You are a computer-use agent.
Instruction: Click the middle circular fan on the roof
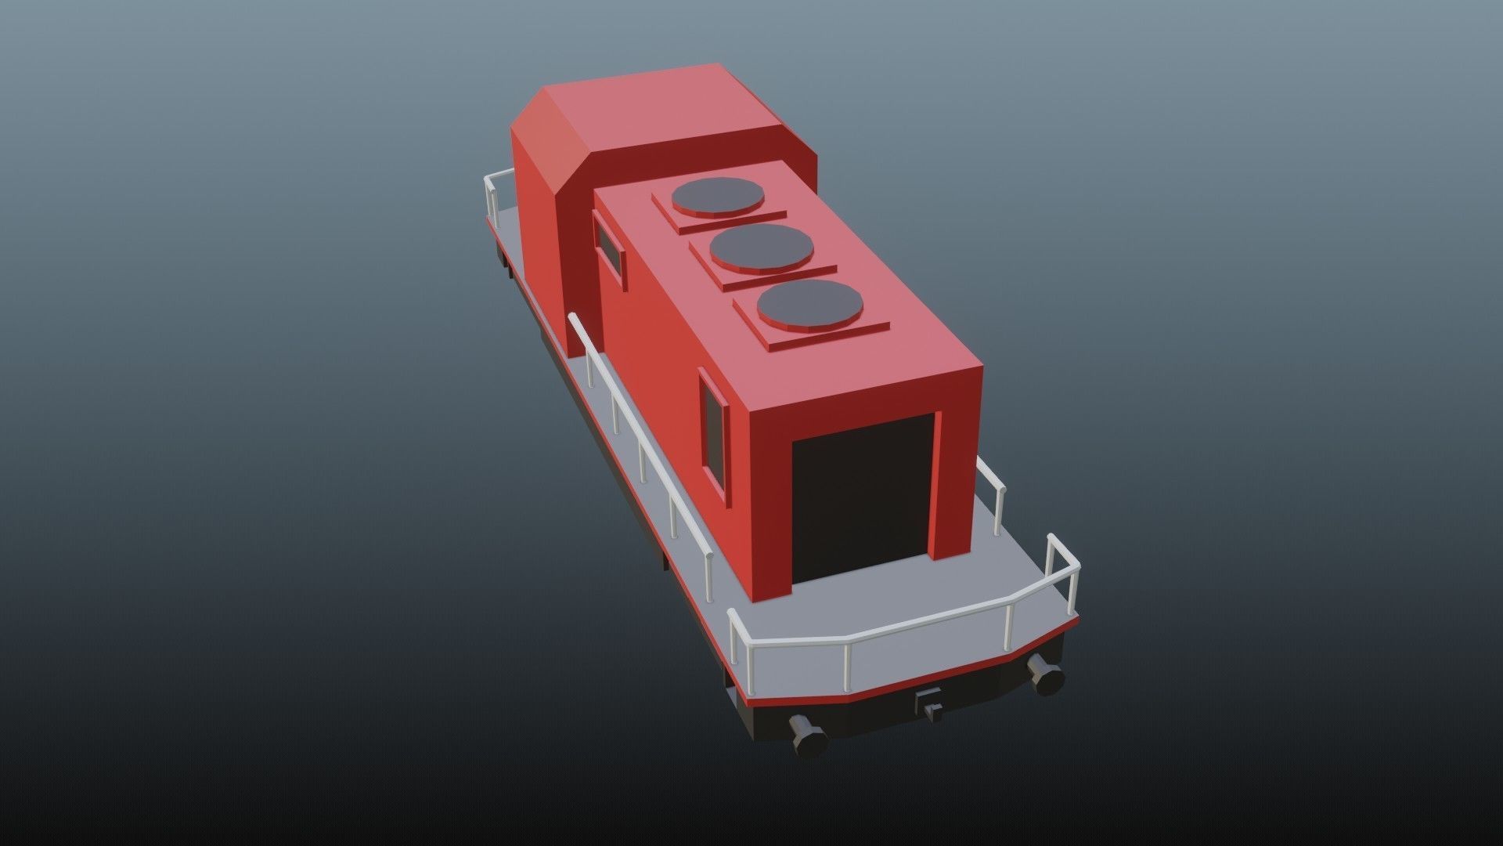[761, 248]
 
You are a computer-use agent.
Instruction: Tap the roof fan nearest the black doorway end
[809, 304]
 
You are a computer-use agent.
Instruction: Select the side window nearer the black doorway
[714, 428]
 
